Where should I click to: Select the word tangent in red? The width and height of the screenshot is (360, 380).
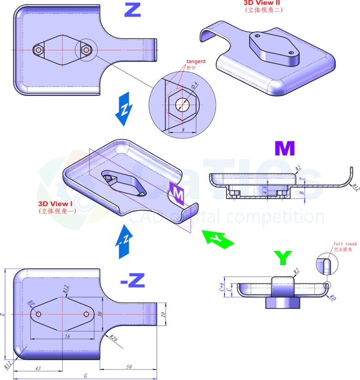[196, 61]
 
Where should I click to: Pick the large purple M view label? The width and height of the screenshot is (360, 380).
[284, 148]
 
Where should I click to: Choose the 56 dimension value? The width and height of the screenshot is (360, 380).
[67, 337]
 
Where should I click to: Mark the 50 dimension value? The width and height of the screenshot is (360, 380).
[128, 367]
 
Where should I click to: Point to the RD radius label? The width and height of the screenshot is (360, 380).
[333, 298]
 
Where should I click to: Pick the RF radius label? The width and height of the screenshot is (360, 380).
[31, 303]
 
